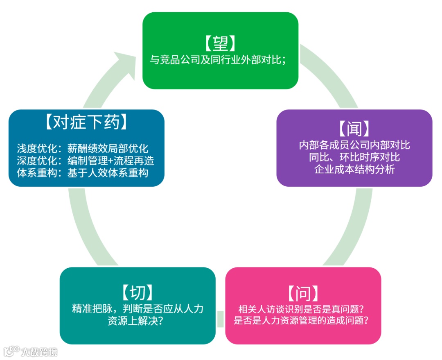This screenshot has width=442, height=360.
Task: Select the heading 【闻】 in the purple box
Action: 354,129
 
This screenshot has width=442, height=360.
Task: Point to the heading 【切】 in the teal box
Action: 138,292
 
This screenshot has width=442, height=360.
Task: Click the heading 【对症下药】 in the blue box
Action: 87,122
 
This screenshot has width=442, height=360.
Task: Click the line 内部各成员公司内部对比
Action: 354,145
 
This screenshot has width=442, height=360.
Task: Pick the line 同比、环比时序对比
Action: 354,157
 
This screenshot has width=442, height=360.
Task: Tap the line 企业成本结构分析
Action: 354,169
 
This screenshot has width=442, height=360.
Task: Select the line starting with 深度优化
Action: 86,161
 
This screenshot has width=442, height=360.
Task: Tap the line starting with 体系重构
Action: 82,173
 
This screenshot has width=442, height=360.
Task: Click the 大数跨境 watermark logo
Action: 31,351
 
